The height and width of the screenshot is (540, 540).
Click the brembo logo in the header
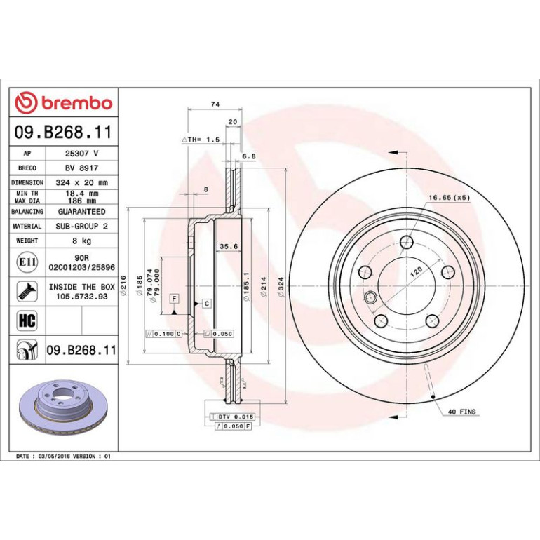64,102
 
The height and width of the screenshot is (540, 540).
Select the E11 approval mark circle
27,262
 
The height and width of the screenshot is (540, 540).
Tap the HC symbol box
27,320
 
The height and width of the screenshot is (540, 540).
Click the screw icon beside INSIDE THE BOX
27,291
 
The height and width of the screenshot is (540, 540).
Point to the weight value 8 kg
81,241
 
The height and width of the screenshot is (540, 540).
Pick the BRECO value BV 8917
81,168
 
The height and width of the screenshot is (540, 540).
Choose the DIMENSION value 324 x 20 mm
81,182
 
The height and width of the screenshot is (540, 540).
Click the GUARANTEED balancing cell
81,212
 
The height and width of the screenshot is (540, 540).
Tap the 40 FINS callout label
461,412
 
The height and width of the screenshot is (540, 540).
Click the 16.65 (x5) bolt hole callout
449,198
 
